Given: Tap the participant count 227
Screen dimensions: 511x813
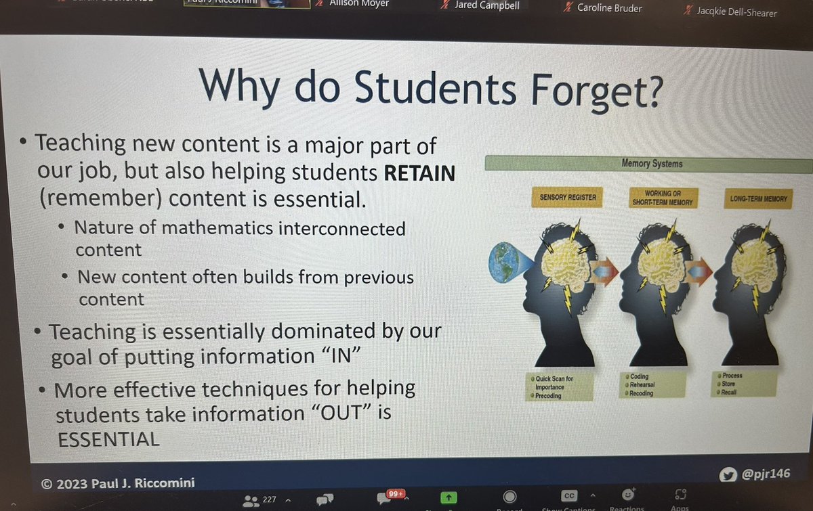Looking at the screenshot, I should click(x=269, y=500).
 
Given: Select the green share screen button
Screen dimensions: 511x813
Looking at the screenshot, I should click(x=447, y=497).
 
